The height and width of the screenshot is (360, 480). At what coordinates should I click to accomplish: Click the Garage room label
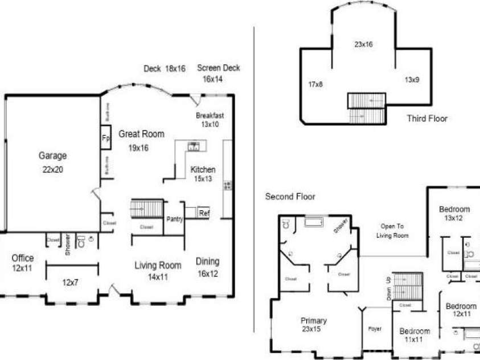pyautogui.click(x=52, y=156)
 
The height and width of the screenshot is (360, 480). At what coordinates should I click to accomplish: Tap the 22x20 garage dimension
pyautogui.click(x=52, y=169)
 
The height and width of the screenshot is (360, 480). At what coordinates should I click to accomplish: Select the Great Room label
pyautogui.click(x=141, y=134)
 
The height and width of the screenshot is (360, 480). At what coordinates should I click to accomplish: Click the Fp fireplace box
pyautogui.click(x=105, y=138)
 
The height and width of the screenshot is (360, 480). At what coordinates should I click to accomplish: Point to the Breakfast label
pyautogui.click(x=210, y=115)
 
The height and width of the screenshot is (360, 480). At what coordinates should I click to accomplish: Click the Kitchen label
pyautogui.click(x=203, y=170)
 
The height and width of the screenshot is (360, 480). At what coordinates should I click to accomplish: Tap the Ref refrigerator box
pyautogui.click(x=204, y=214)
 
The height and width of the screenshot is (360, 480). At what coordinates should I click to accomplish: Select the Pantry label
pyautogui.click(x=174, y=219)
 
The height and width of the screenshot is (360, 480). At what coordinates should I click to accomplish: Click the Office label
pyautogui.click(x=23, y=258)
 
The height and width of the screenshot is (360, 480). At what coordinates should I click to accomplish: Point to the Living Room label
pyautogui.click(x=158, y=265)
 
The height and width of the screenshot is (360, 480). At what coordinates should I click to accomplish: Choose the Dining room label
pyautogui.click(x=207, y=261)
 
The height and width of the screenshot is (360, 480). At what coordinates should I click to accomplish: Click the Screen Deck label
pyautogui.click(x=219, y=68)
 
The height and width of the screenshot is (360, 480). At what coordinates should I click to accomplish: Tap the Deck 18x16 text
pyautogui.click(x=165, y=68)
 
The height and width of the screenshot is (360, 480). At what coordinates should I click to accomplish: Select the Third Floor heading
pyautogui.click(x=427, y=118)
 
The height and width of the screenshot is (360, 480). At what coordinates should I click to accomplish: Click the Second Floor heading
pyautogui.click(x=290, y=197)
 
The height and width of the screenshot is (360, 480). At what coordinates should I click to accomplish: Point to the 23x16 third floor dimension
pyautogui.click(x=363, y=44)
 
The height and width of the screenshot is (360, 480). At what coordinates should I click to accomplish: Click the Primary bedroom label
pyautogui.click(x=314, y=321)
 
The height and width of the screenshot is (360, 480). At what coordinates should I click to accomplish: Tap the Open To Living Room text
pyautogui.click(x=393, y=230)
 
